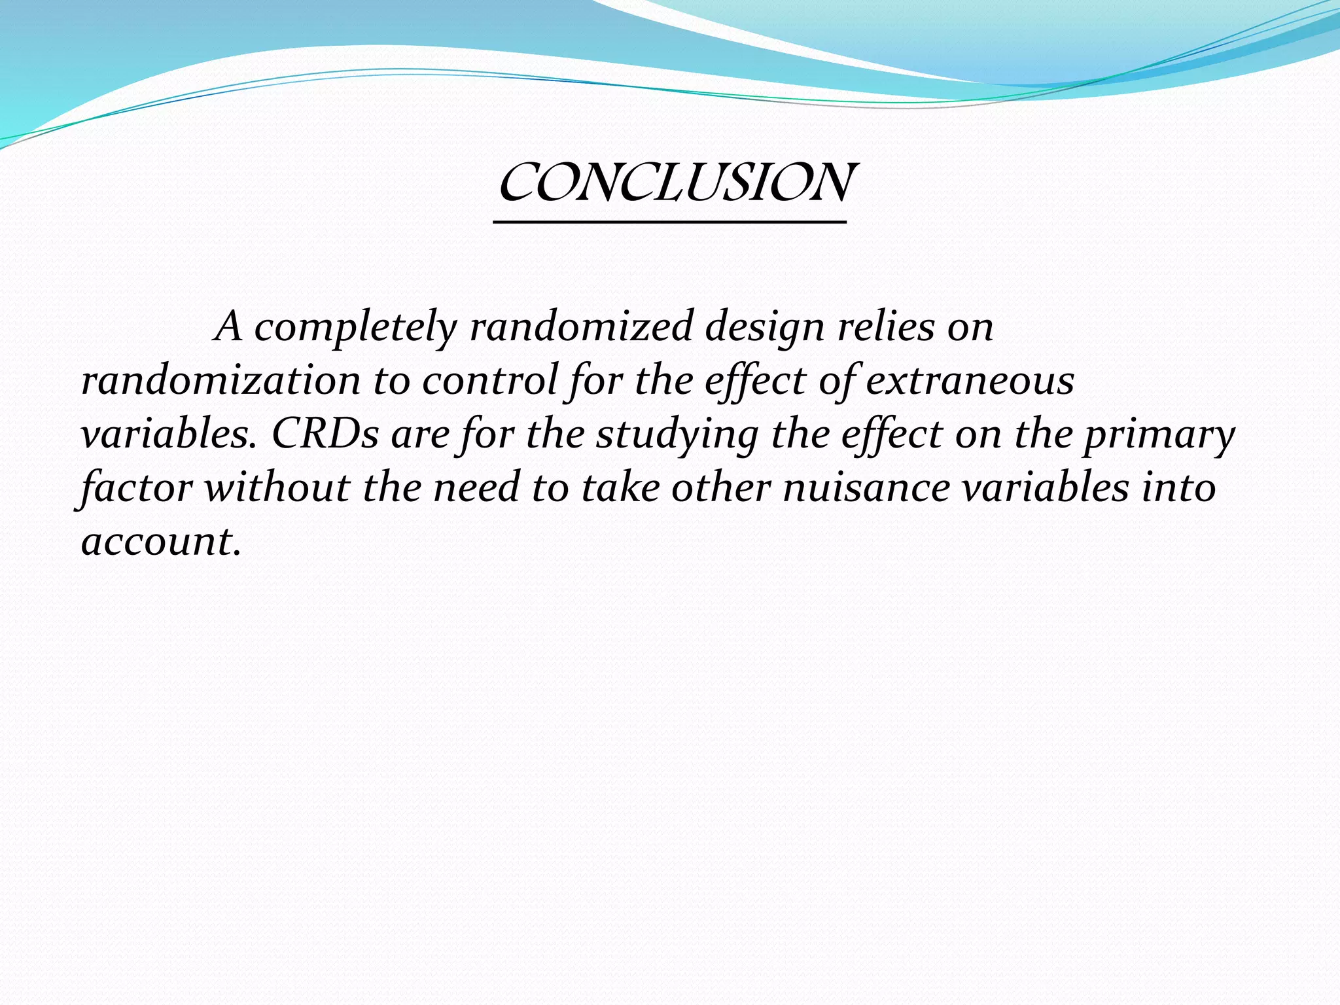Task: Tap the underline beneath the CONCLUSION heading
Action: point(669,223)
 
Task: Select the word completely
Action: point(355,326)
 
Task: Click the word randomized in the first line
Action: point(581,326)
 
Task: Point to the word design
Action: point(764,326)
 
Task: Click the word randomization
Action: point(220,380)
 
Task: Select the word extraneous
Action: point(970,380)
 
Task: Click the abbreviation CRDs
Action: point(325,434)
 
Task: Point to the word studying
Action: point(677,434)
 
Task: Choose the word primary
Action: point(1159,434)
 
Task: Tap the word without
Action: point(277,487)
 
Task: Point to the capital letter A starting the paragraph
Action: point(229,326)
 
